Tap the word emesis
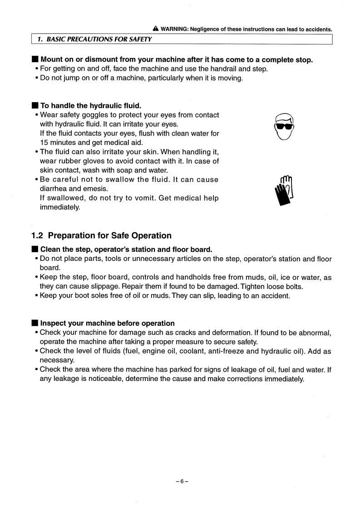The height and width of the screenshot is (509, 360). [95, 189]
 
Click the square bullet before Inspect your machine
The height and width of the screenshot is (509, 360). [34, 323]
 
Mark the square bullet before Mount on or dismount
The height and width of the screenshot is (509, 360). [34, 60]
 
